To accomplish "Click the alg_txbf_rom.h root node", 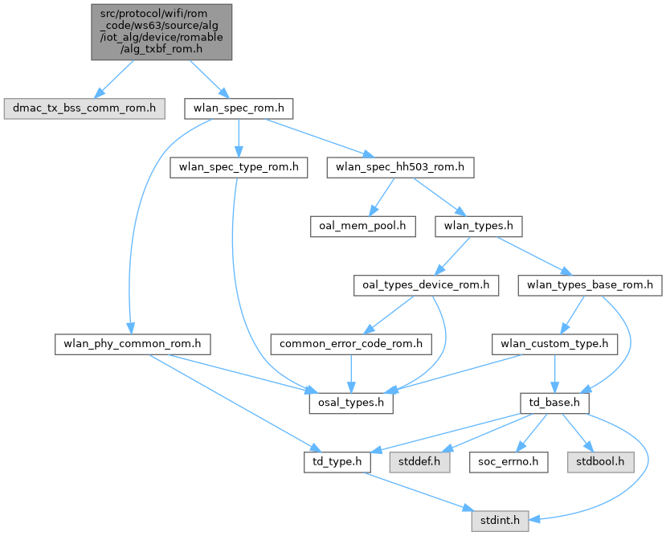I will [x=161, y=32].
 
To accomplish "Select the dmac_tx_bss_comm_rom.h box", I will [x=84, y=108].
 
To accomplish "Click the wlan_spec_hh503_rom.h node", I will [x=400, y=167].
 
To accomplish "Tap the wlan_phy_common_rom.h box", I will [x=133, y=345].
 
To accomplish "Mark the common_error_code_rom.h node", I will [x=351, y=345].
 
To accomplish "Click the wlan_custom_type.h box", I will [x=554, y=345].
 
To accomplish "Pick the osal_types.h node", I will [x=350, y=403].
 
